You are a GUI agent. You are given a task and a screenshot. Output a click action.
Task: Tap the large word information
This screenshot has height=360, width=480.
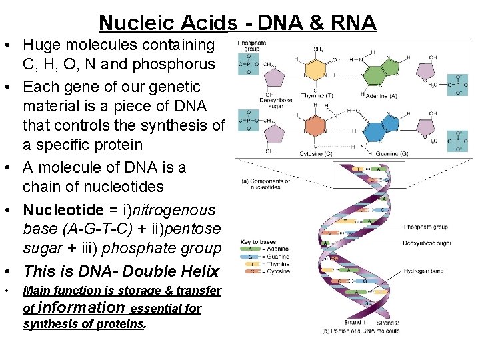(x=81, y=307)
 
